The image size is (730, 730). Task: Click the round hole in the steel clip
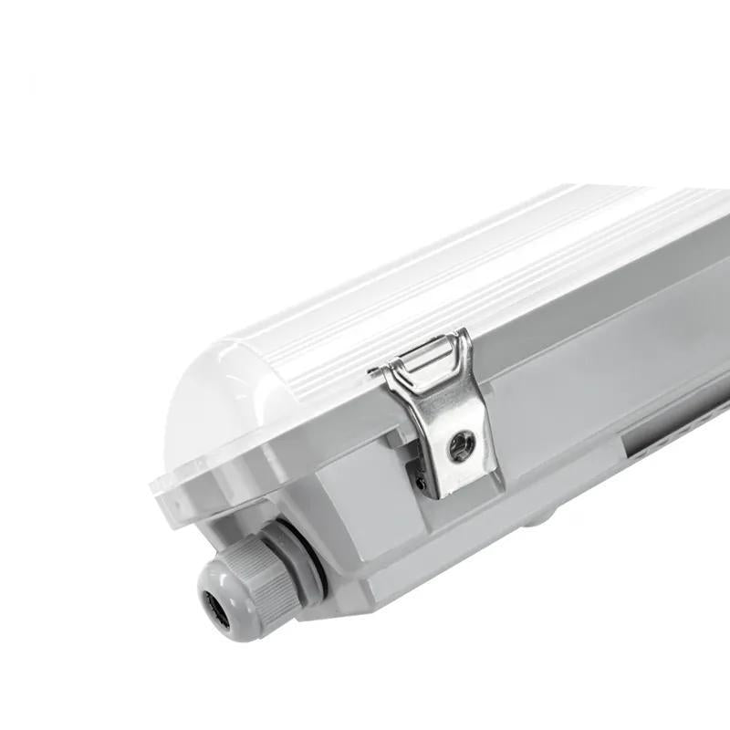(x=458, y=444)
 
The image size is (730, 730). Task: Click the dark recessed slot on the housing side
(x=675, y=443)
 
